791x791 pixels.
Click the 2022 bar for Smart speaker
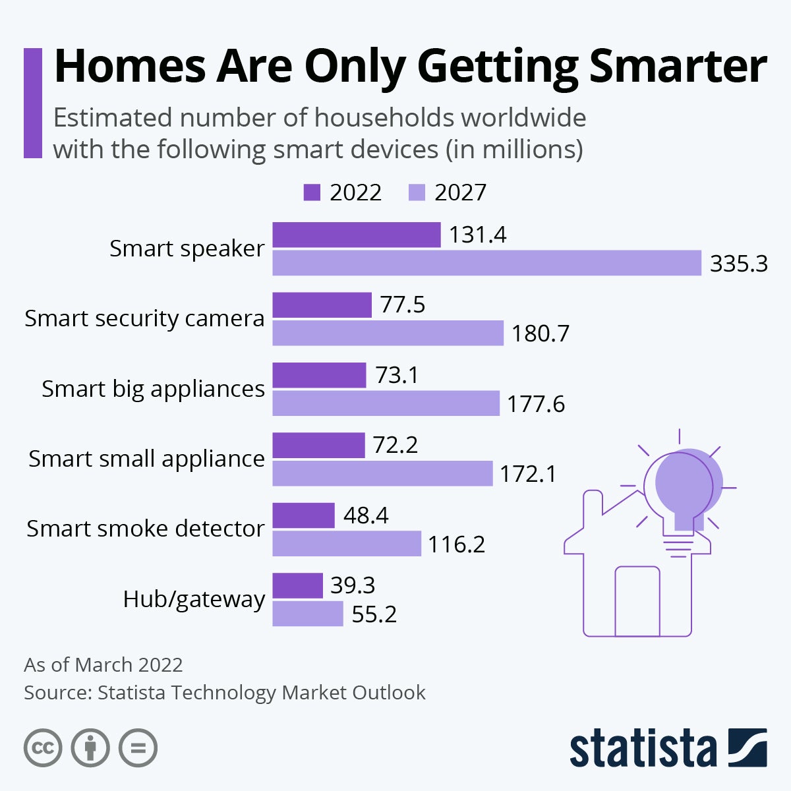point(357,235)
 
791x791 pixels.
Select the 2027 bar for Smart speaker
point(486,263)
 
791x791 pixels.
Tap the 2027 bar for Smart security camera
point(388,333)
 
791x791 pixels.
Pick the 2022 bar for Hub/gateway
point(297,585)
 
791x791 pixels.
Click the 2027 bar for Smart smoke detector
point(347,544)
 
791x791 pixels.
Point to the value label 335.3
point(738,264)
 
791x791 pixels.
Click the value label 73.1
point(397,375)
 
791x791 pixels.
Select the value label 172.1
point(527,474)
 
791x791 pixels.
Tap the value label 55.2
point(374,614)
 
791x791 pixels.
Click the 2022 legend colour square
point(312,192)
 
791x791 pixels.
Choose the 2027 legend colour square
point(417,192)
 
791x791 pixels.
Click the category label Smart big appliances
point(153,389)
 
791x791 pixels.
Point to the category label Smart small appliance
point(146,459)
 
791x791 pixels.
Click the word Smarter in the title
point(678,66)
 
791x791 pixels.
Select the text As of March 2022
point(103,664)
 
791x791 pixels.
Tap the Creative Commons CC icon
point(43,748)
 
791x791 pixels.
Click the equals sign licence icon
point(138,748)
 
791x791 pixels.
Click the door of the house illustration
point(637,601)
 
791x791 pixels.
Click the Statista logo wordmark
point(643,749)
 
